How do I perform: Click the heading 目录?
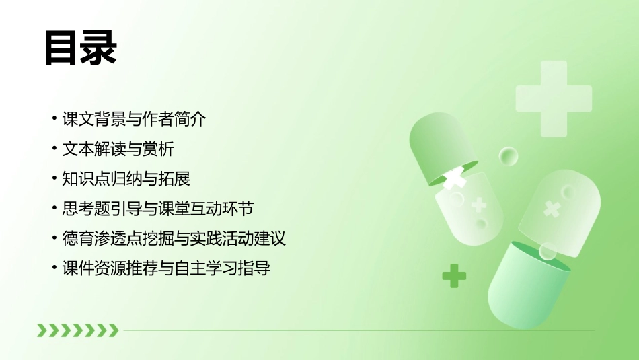coord(81,47)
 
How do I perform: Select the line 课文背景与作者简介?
coord(133,119)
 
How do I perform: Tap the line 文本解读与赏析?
coord(118,149)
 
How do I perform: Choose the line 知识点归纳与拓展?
coord(126,178)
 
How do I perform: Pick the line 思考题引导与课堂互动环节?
coord(157,209)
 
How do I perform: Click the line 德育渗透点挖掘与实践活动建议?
coord(174,238)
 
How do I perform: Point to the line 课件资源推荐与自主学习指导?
coord(165,268)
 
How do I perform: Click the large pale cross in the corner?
coord(553,98)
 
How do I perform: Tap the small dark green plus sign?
coord(454,275)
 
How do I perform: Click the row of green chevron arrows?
coord(77,330)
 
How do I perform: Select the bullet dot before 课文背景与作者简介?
coord(54,120)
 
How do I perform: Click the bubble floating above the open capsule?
coord(509,157)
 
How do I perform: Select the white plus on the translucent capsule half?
coord(479,205)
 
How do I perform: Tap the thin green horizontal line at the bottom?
coord(356,330)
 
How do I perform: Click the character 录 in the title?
coord(99,47)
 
